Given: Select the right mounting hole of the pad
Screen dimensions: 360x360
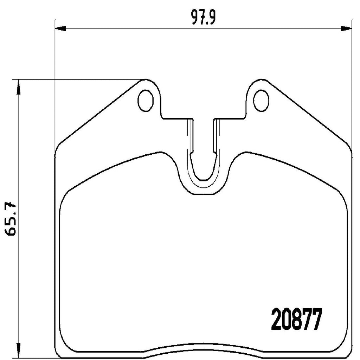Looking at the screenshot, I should click(261, 100).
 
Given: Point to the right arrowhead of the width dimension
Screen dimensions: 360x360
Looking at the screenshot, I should click(346, 28).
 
